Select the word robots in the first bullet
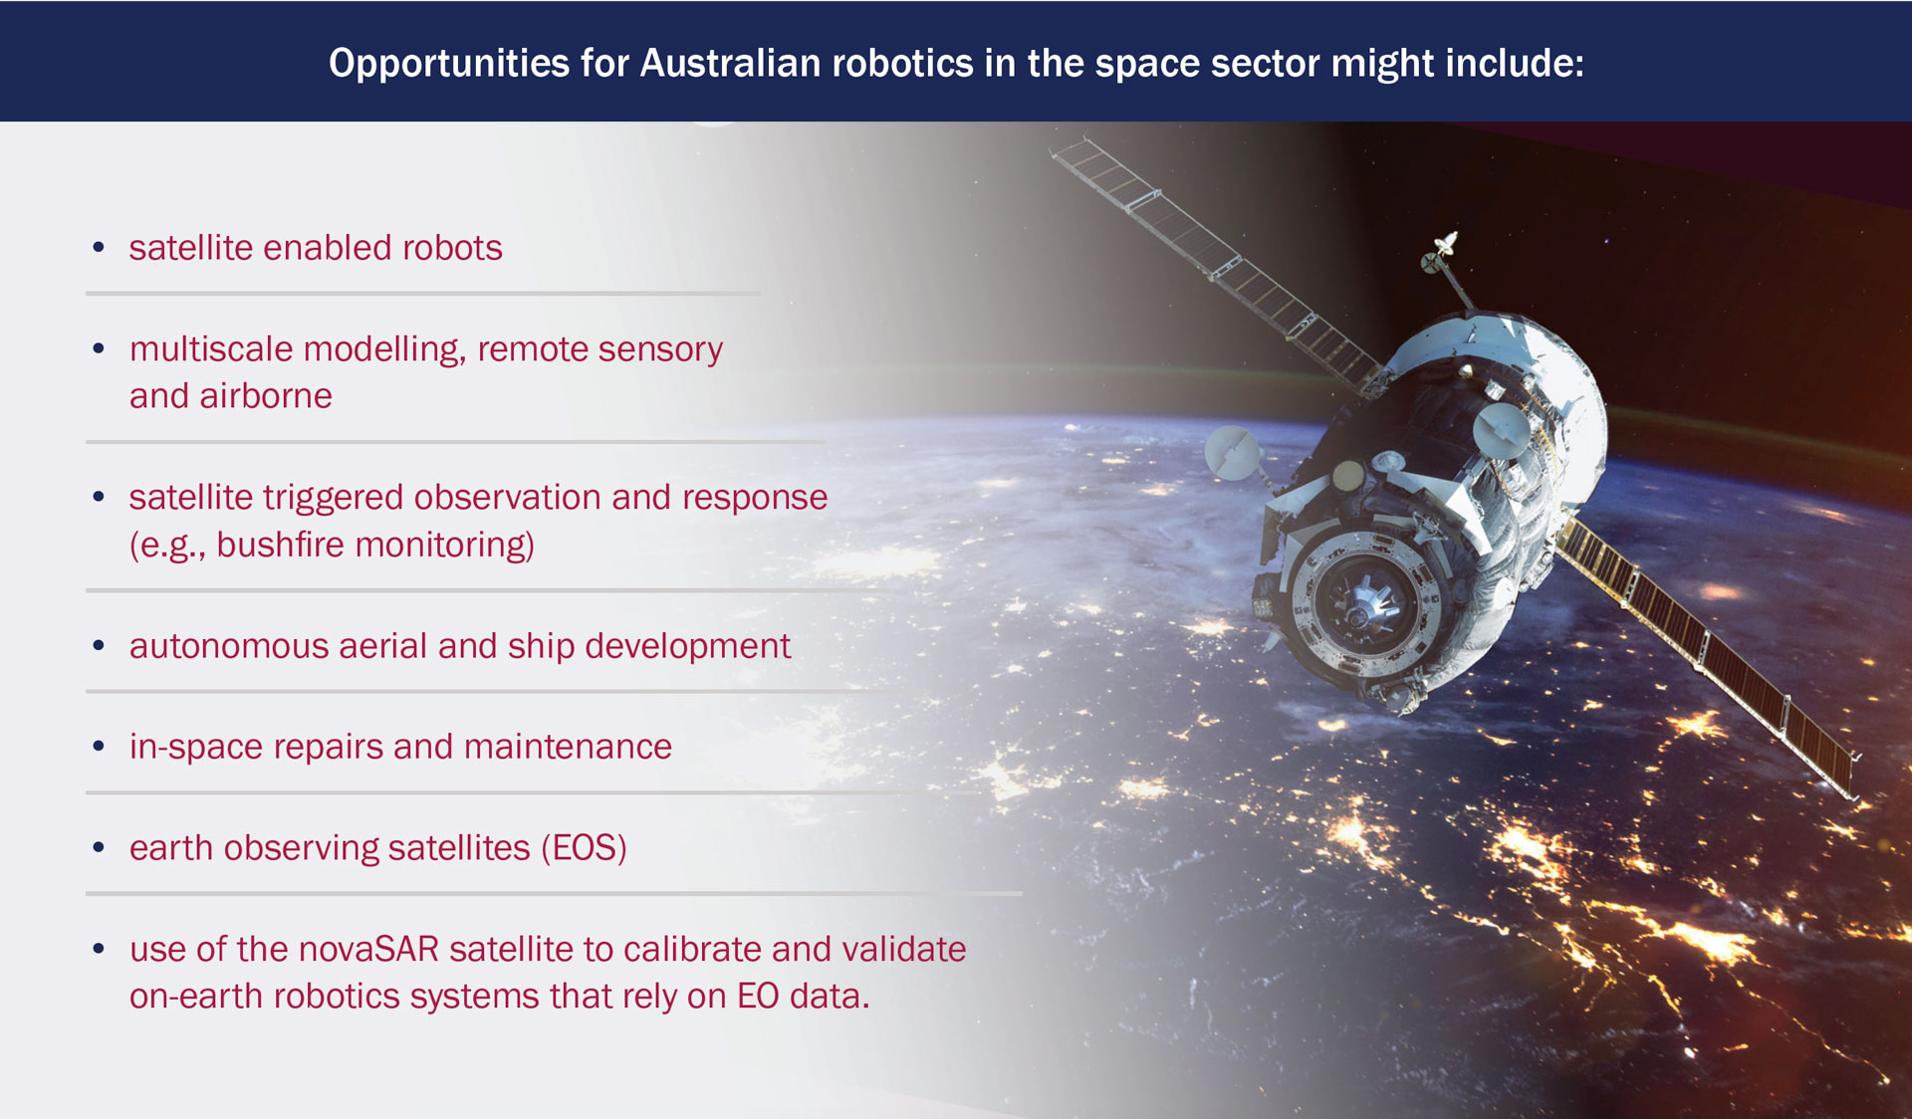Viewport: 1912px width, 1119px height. tap(451, 248)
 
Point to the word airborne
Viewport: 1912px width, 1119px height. tap(266, 396)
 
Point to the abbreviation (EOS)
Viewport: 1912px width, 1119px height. tap(584, 848)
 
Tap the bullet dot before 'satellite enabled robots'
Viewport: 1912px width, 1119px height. tap(99, 247)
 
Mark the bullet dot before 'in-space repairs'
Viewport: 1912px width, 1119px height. tap(99, 746)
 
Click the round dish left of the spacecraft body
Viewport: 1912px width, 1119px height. tap(1232, 452)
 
